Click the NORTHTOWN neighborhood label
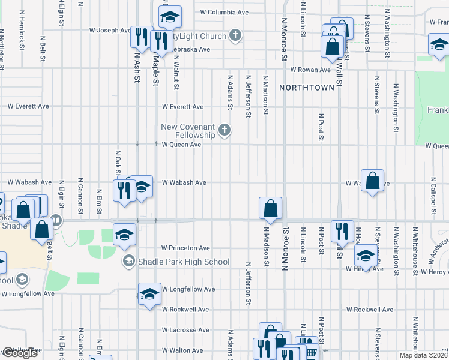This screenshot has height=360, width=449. [x=306, y=88]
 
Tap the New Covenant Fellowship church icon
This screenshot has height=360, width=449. [x=224, y=130]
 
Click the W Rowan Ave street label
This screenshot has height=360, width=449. [x=310, y=70]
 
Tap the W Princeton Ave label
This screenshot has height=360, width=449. [x=185, y=248]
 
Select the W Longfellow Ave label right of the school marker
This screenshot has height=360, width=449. [x=188, y=289]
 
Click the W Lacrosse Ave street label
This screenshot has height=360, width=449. [x=185, y=330]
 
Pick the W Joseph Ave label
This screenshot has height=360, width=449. [x=110, y=30]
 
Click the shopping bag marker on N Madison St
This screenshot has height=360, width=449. [x=271, y=208]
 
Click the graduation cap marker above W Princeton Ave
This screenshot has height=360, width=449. [x=124, y=234]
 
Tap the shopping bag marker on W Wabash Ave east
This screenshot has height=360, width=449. [x=373, y=180]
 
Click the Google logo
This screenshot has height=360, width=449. [x=20, y=353]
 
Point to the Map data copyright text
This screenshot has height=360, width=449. [x=424, y=355]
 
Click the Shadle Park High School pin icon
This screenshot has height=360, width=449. [x=128, y=261]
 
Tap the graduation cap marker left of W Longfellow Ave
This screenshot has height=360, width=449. [x=149, y=293]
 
